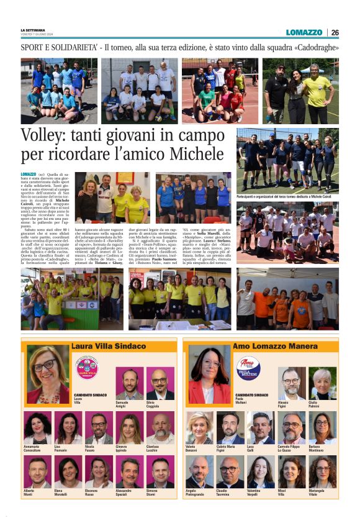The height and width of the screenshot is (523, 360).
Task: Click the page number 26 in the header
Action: [x=335, y=32]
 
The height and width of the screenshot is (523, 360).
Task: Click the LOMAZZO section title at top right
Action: [x=304, y=32]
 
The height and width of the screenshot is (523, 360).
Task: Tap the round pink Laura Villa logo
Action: [x=87, y=368]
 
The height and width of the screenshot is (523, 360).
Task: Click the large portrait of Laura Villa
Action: [x=48, y=375]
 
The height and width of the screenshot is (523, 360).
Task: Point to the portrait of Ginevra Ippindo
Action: [x=130, y=427]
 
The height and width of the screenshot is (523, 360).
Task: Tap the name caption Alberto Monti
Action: [x=29, y=492]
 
